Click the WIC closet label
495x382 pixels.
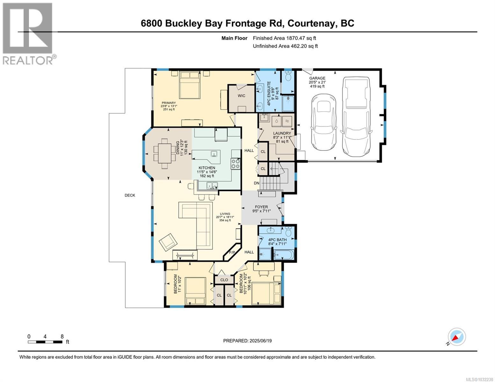(x=241, y=95)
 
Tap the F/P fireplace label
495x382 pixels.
(x=232, y=252)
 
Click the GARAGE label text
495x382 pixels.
(x=317, y=78)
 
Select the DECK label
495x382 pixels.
(x=130, y=195)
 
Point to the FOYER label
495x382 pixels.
(x=261, y=207)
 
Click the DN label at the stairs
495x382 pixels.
(x=257, y=183)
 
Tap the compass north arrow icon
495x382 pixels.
(x=456, y=337)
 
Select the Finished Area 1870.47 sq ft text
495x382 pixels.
(x=284, y=38)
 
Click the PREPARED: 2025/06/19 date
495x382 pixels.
(x=247, y=341)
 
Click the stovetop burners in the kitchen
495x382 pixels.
(x=236, y=164)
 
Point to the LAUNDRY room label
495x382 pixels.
(x=282, y=133)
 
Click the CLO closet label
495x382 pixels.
(x=224, y=280)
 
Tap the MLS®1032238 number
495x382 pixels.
(x=480, y=379)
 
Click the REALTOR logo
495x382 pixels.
(x=28, y=33)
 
